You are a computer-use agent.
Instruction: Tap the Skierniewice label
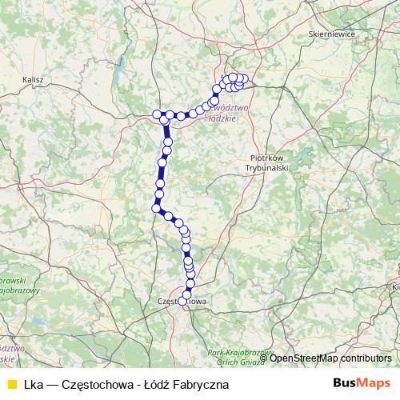331,34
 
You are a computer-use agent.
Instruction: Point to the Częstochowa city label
184,301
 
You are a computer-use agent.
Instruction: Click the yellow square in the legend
10,384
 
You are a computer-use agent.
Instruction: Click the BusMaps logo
362,383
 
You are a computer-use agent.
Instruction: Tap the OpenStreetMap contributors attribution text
330,358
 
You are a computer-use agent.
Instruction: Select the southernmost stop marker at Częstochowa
186,298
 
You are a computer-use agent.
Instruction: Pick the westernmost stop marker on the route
157,114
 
